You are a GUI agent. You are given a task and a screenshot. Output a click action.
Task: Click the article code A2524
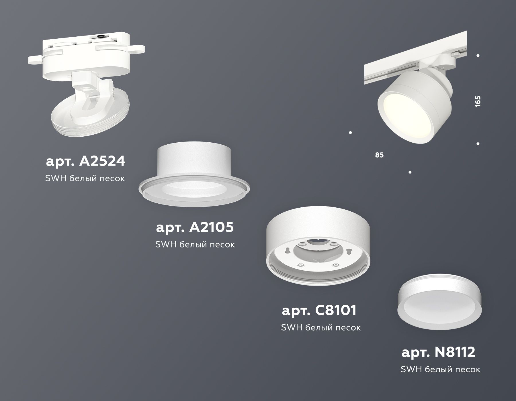point(102,161)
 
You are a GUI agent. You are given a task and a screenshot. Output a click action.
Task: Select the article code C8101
point(334,310)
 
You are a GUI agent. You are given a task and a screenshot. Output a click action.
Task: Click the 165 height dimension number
point(478,101)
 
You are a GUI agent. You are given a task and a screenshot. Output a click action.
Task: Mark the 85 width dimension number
point(379,155)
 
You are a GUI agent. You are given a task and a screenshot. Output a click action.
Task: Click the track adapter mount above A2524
point(86,52)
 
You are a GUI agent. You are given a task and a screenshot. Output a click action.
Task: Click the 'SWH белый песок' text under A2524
point(85,178)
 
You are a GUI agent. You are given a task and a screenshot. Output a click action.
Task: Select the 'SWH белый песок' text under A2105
point(195,244)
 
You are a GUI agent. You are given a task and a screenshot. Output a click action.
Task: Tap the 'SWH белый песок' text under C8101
point(321,327)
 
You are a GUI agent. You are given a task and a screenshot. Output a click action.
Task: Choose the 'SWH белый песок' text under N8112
point(440,369)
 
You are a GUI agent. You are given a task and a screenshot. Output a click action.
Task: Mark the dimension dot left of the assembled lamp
point(350,133)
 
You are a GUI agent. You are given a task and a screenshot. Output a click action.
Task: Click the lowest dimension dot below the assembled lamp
point(410,172)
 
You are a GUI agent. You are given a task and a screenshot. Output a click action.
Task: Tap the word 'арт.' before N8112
point(416,353)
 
